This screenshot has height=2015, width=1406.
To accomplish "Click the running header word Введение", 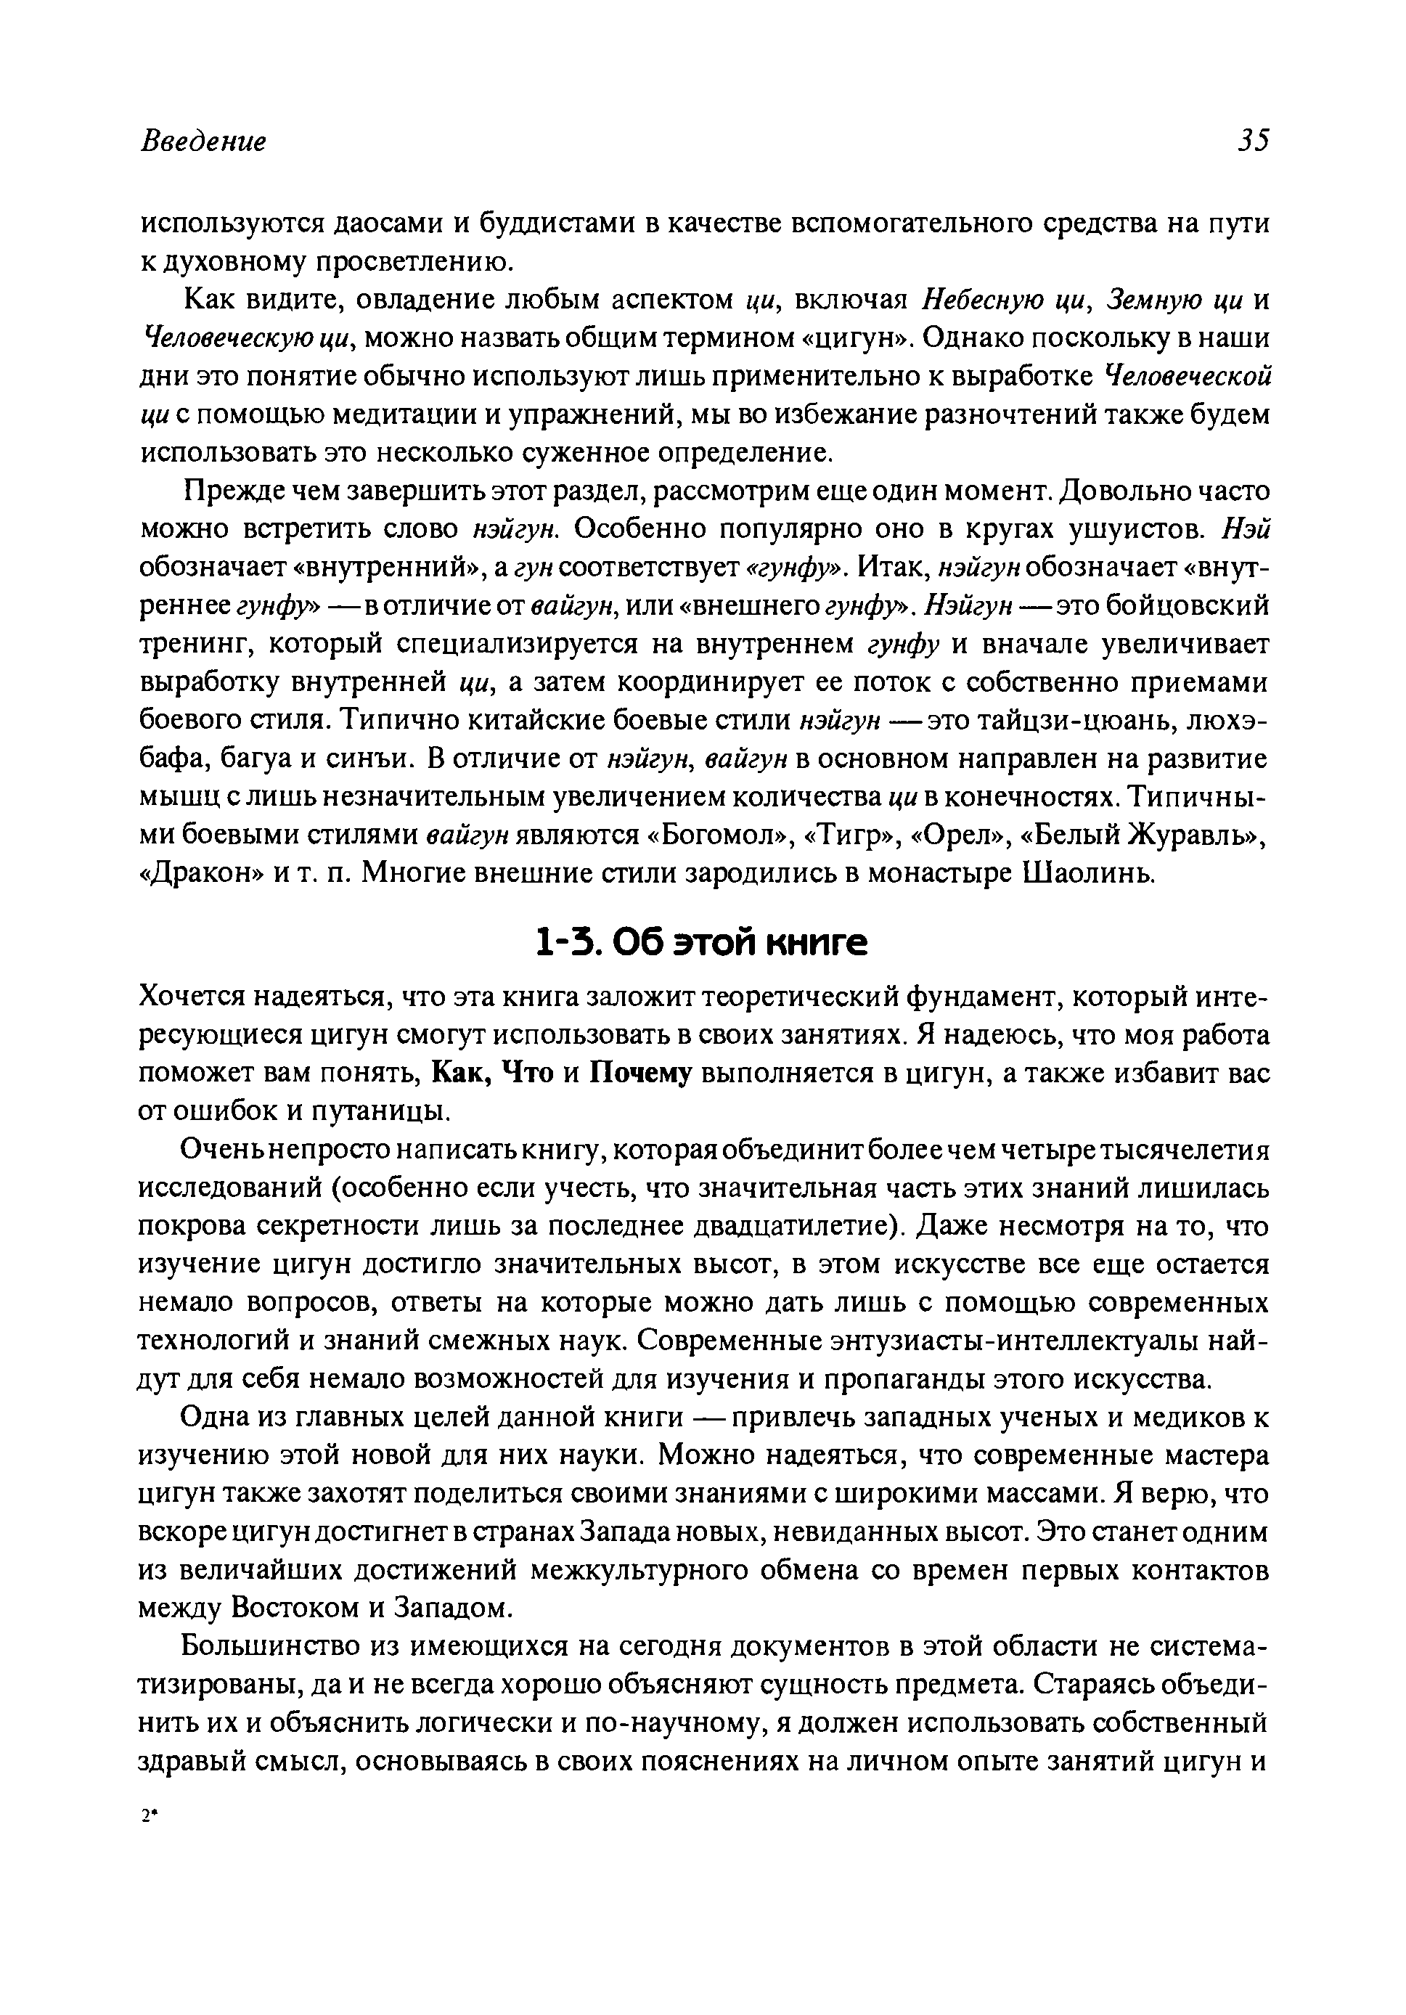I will (x=203, y=142).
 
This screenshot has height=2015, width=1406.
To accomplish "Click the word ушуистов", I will (x=1133, y=529).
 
